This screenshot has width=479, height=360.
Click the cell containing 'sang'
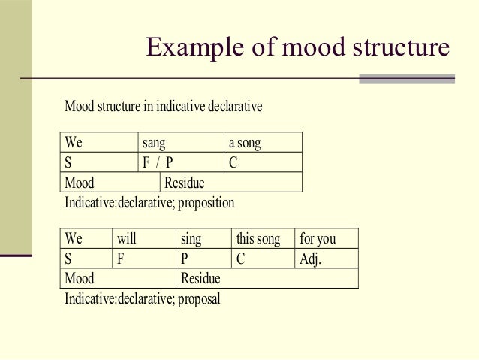tap(182, 143)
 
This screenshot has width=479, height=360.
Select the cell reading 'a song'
tap(263, 143)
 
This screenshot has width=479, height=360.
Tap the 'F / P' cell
tap(182, 162)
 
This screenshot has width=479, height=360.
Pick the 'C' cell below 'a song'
tap(263, 162)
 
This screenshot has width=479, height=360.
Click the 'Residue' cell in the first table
tap(230, 183)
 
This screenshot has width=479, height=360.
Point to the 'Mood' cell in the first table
tap(110, 183)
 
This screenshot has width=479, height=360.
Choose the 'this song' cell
tap(262, 239)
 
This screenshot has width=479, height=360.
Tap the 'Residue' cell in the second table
tap(267, 279)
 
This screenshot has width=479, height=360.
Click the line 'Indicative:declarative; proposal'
tap(143, 299)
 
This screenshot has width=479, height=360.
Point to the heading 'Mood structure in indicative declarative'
tap(163, 107)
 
